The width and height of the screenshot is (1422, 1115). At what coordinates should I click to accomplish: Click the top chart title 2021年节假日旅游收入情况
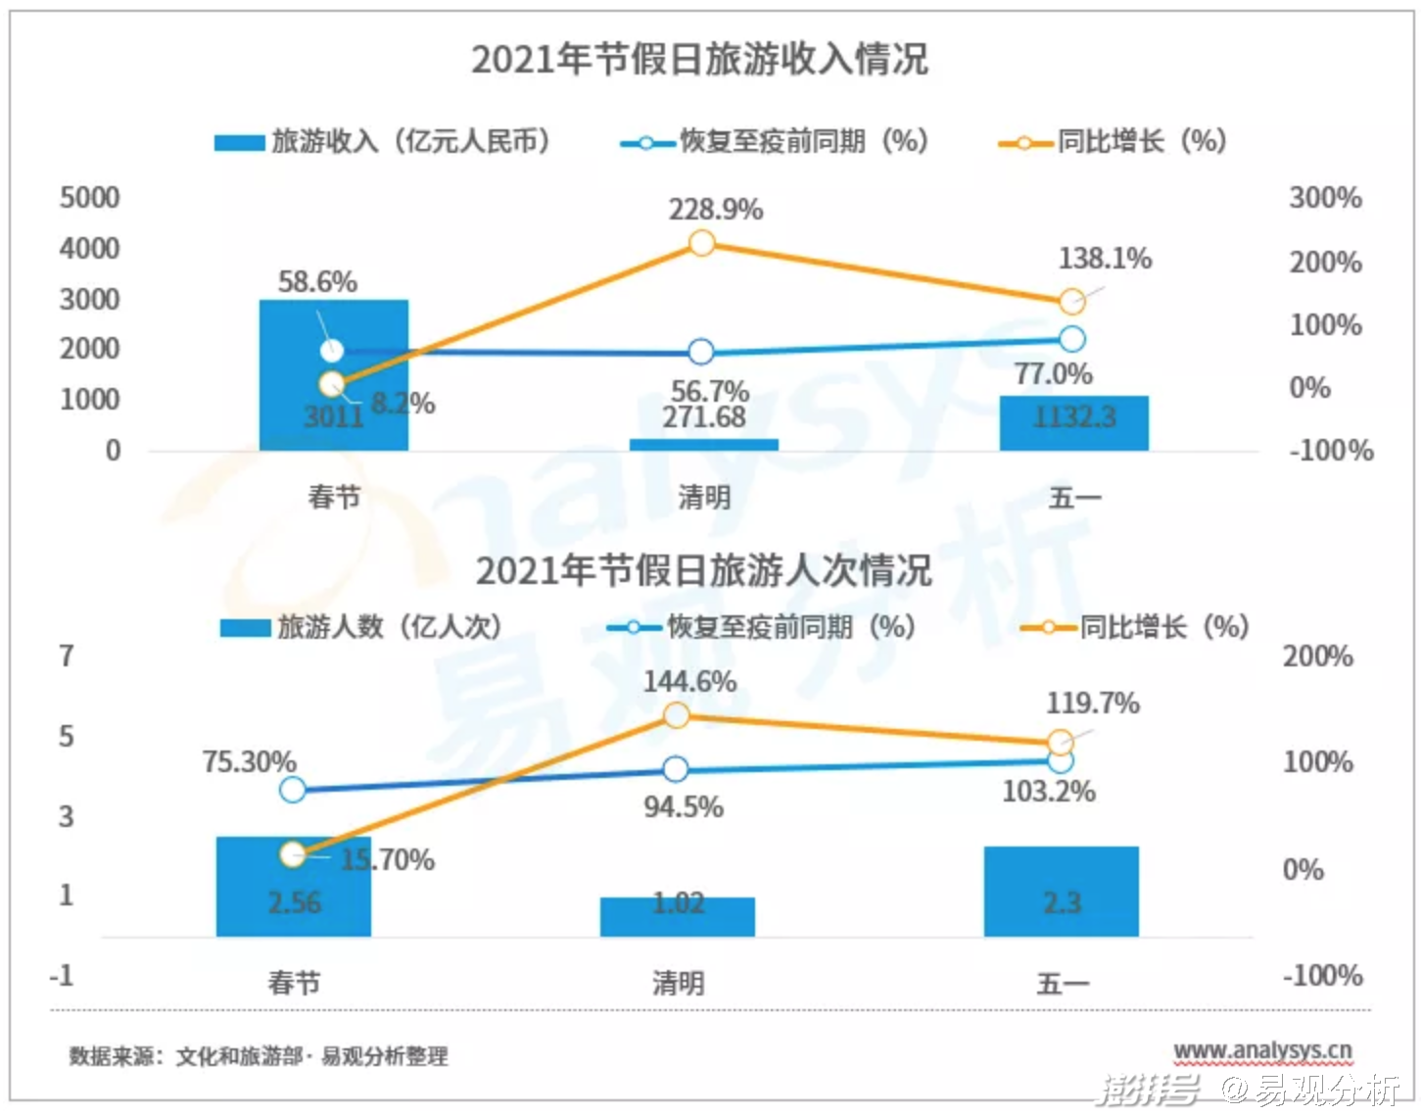[x=699, y=59]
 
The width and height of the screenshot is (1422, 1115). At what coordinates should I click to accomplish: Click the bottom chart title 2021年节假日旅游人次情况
[x=703, y=570]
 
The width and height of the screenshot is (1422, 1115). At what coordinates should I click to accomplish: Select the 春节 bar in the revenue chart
[x=334, y=375]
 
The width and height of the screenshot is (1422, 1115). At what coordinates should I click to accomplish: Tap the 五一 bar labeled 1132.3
[x=1073, y=423]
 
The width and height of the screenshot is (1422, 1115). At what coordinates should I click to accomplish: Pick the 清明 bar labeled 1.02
[x=678, y=916]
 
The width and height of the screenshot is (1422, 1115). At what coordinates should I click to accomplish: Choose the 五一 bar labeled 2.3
[x=1062, y=892]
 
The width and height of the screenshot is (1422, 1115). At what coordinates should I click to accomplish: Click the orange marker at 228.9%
[x=701, y=243]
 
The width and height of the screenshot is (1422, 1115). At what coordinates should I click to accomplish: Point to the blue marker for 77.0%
[x=1072, y=339]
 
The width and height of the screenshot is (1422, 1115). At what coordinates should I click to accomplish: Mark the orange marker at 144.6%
[x=677, y=716]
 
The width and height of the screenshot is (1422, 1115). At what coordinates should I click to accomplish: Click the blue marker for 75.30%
[x=293, y=789]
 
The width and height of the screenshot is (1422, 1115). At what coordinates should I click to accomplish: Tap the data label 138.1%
[x=1105, y=259]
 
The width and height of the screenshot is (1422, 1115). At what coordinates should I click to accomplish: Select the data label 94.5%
[x=684, y=807]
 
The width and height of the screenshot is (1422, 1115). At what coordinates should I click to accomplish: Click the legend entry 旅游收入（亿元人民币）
[x=383, y=142]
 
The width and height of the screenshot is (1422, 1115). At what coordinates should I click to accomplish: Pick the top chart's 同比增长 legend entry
[x=1113, y=142]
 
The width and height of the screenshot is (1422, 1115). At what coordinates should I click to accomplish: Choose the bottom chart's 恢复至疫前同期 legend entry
[x=761, y=627]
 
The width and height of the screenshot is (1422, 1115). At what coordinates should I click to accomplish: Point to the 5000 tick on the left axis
[x=89, y=198]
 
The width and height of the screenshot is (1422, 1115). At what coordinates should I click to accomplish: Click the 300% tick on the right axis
[x=1325, y=198]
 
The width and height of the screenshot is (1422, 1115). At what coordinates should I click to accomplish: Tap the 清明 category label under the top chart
[x=704, y=498]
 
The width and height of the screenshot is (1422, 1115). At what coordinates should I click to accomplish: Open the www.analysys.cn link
[x=1262, y=1051]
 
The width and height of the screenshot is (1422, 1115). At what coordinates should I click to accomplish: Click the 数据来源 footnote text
[x=259, y=1056]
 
